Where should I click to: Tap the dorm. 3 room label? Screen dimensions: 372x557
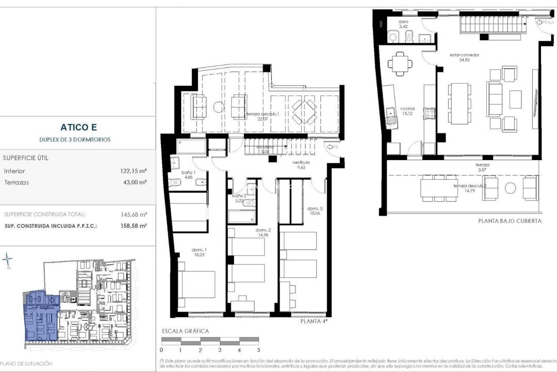pos(315,209)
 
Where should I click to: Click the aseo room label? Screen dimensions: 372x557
pos(404,23)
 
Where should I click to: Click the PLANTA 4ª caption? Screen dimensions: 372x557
pos(314,321)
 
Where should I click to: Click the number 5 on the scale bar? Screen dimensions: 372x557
pos(258,350)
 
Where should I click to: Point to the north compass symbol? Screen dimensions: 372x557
pos(7,259)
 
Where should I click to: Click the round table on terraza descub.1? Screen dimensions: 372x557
pos(219,108)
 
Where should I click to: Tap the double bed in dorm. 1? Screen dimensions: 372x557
pos(199,284)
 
